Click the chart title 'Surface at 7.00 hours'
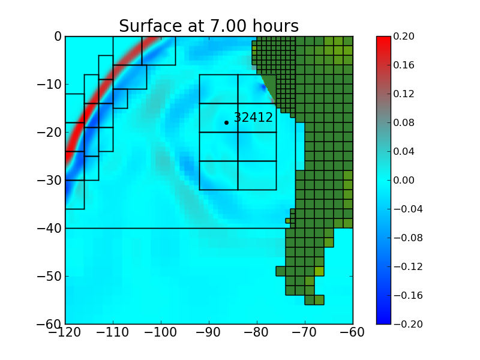click(208, 26)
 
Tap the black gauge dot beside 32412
click(226, 122)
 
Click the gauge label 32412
click(253, 118)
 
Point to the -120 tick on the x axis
click(65, 333)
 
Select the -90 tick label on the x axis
click(209, 333)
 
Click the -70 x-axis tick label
click(305, 333)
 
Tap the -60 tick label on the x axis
click(353, 333)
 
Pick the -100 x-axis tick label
click(161, 333)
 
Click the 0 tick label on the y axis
click(58, 37)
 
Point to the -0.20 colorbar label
click(408, 324)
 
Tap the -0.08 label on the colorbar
click(408, 238)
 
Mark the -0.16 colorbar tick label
click(408, 295)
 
